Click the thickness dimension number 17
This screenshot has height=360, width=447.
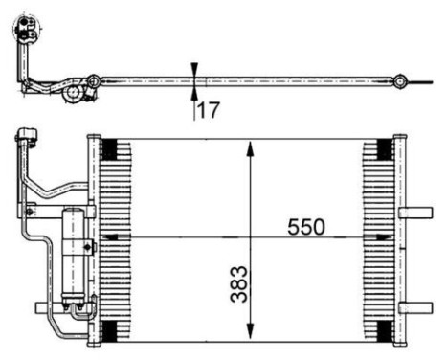[208, 109]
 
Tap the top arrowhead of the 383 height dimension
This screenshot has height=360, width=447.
[250, 147]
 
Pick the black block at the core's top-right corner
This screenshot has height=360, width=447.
[385, 149]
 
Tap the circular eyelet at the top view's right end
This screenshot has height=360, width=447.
[403, 80]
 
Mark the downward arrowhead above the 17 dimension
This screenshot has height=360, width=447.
[195, 70]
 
